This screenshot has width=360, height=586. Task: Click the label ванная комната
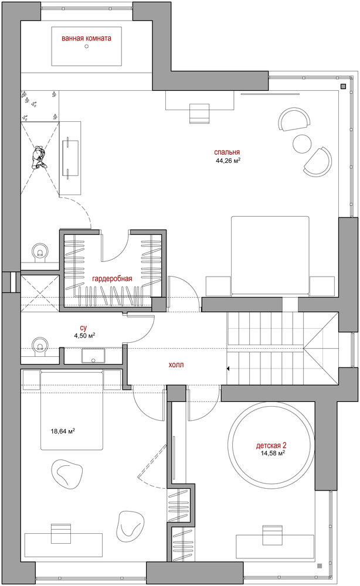click(86, 38)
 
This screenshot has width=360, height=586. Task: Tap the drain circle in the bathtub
click(87, 46)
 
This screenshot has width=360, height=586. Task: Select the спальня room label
click(227, 152)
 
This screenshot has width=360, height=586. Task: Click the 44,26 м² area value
click(227, 161)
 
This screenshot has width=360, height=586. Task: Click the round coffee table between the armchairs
click(302, 143)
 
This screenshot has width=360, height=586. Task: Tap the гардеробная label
click(112, 279)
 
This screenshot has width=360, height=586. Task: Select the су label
click(83, 328)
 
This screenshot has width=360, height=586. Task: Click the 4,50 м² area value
click(84, 336)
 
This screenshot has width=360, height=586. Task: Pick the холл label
click(176, 364)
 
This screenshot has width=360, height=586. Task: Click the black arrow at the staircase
click(227, 369)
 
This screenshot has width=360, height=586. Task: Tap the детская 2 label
click(271, 445)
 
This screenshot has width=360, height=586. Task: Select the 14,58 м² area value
click(273, 454)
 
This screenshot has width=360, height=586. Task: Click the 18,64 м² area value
click(63, 431)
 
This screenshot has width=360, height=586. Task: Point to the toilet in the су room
click(39, 345)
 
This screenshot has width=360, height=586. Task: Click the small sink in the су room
click(93, 356)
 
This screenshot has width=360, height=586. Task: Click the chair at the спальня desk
click(199, 114)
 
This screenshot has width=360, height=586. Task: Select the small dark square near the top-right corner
click(343, 86)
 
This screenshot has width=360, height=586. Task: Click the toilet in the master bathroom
click(39, 251)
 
